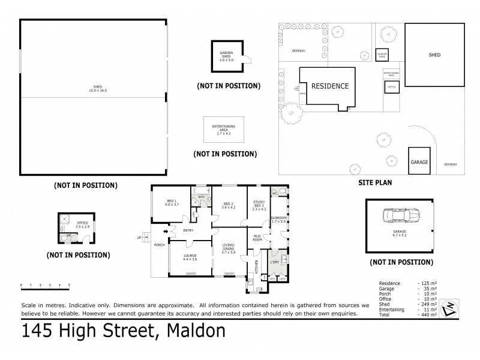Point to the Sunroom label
pyautogui.click(x=278, y=220)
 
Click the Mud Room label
pyautogui.click(x=257, y=238)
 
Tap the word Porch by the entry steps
pyautogui.click(x=159, y=244)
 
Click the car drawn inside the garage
pyautogui.click(x=399, y=216)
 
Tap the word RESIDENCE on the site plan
pyautogui.click(x=329, y=86)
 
